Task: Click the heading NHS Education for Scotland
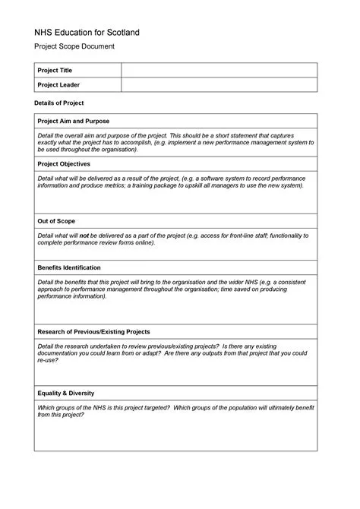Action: pos(87,33)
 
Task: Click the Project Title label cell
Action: pos(55,71)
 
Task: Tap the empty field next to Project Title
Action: pos(219,71)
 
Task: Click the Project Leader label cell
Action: pos(58,85)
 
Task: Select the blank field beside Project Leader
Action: pos(219,85)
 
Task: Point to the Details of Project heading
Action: pos(59,103)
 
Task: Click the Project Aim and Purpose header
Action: pos(74,122)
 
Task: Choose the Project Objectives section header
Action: pos(64,163)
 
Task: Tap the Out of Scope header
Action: pos(55,221)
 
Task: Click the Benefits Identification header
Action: pos(69,267)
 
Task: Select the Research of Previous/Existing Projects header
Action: pos(93,332)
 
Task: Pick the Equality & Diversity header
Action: pos(66,393)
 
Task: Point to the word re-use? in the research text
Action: pos(48,360)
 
